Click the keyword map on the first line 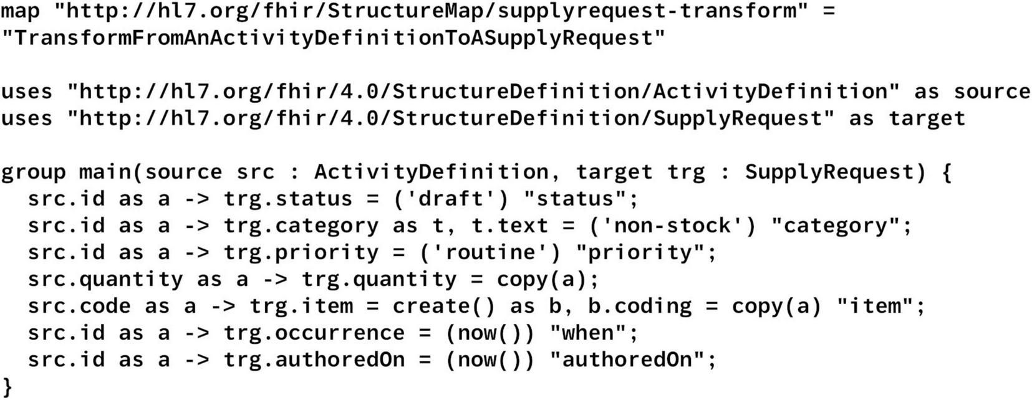(x=20, y=11)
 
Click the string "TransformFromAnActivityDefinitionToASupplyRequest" (x=333, y=38)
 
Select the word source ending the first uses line (x=991, y=92)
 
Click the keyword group (x=33, y=172)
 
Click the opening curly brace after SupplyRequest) (x=946, y=172)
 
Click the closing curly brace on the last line (x=7, y=386)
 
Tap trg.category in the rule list (x=301, y=226)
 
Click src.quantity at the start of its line (x=105, y=279)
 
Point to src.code (x=79, y=306)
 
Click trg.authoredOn (x=314, y=360)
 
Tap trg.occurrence (x=314, y=333)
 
